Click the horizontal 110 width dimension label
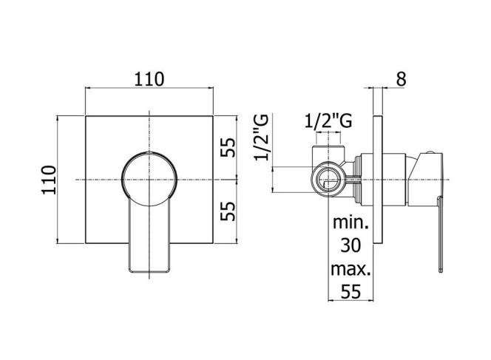149,79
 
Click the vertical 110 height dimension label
49,180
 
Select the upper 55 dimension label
227,147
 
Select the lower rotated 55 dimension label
227,211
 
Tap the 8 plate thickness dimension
401,79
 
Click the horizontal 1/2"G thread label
328,121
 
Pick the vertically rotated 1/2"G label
261,137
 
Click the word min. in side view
351,222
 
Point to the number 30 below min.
351,245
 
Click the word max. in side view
351,268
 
